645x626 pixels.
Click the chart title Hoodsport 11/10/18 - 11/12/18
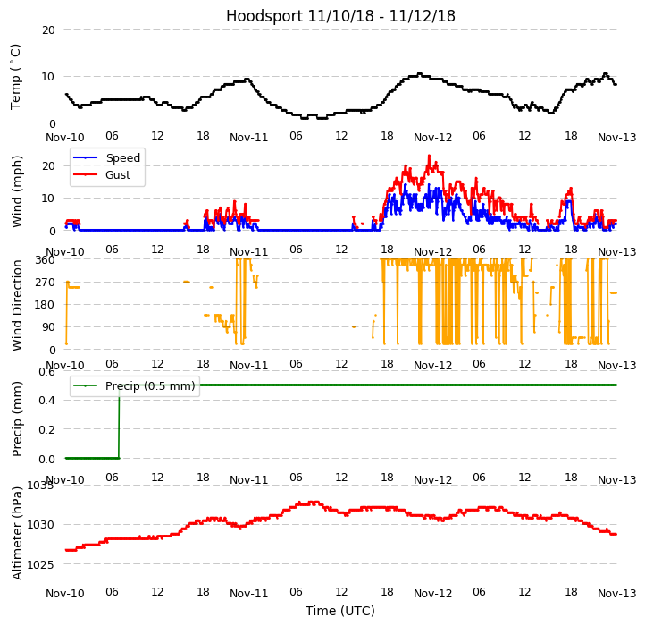pyautogui.click(x=340, y=16)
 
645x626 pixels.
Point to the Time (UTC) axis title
pyautogui.click(x=340, y=611)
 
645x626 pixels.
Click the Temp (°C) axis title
pyautogui.click(x=16, y=76)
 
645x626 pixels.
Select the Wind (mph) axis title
pyautogui.click(x=18, y=190)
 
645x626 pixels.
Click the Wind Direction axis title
pyautogui.click(x=18, y=304)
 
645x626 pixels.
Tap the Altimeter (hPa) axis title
pyautogui.click(x=18, y=532)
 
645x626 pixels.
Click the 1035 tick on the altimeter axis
pyautogui.click(x=40, y=485)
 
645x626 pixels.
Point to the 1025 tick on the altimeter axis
pyautogui.click(x=40, y=564)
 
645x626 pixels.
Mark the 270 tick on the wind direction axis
pyautogui.click(x=45, y=282)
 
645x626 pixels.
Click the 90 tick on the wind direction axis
pyautogui.click(x=48, y=326)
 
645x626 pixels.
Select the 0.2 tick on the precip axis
pyautogui.click(x=45, y=429)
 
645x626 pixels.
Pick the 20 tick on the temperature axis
pyautogui.click(x=48, y=30)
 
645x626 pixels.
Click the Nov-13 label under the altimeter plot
pyautogui.click(x=616, y=594)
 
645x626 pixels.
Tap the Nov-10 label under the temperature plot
pyautogui.click(x=65, y=138)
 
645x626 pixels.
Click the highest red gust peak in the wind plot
pyautogui.click(x=429, y=156)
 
